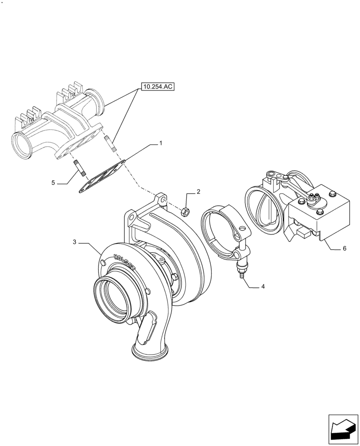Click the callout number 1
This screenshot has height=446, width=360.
(160, 144)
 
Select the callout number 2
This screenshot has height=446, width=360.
(198, 192)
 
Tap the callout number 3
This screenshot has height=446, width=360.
(75, 242)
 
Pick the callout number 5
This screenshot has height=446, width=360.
(53, 182)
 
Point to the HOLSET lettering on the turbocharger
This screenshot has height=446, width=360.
(126, 263)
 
